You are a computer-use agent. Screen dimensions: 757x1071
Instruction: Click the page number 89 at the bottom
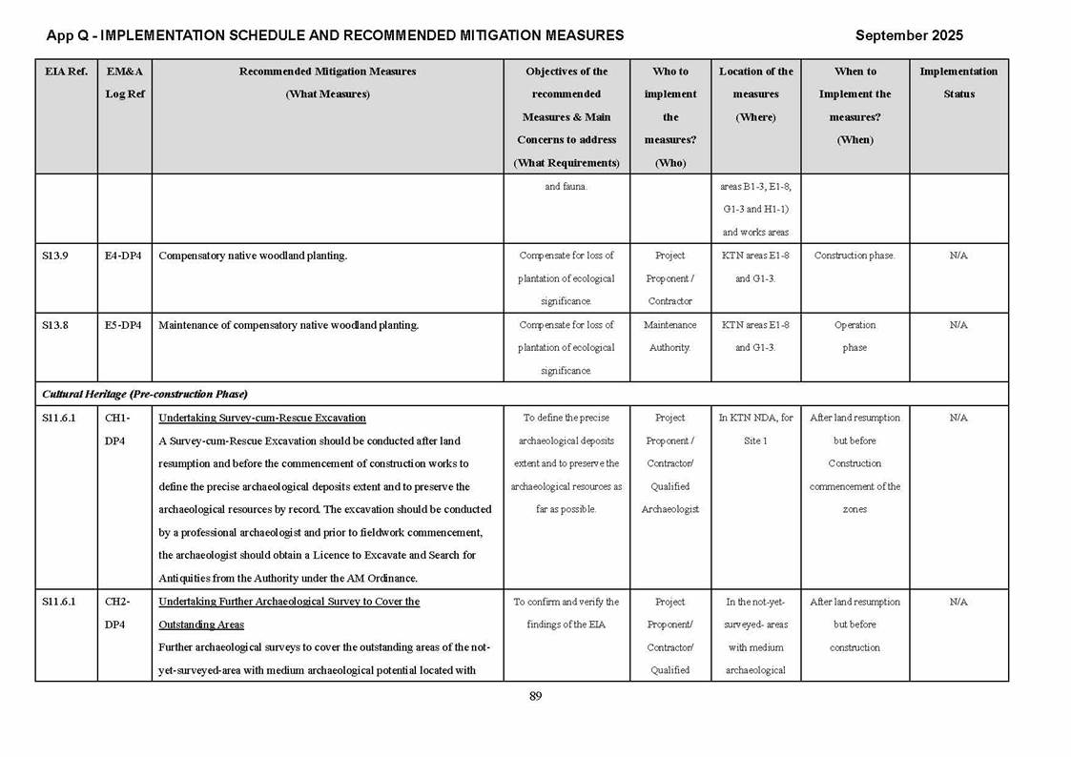535,696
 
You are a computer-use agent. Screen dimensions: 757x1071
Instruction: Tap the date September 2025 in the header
909,35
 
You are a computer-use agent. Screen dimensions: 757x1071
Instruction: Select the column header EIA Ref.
65,72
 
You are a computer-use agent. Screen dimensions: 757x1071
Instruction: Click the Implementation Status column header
958,82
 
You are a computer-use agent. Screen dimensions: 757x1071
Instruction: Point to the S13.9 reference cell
54,256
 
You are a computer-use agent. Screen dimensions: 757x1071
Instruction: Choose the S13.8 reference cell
54,325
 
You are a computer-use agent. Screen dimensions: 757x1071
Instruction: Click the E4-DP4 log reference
123,256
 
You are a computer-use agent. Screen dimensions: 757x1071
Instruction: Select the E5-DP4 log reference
123,325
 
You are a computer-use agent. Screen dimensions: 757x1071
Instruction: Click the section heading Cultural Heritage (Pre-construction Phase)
145,394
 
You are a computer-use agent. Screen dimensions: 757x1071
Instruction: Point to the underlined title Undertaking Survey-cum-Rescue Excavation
261,418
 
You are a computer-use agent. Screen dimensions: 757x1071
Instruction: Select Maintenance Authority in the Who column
669,337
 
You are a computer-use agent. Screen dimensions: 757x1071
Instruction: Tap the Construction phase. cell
855,256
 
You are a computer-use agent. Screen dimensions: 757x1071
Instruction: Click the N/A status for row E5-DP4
958,325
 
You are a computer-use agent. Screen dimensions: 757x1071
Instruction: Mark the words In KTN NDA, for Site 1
755,429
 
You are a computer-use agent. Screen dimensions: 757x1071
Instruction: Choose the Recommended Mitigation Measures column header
327,82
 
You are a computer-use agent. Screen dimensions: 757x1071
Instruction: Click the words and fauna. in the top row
566,186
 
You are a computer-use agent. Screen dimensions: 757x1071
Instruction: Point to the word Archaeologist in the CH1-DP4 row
669,509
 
